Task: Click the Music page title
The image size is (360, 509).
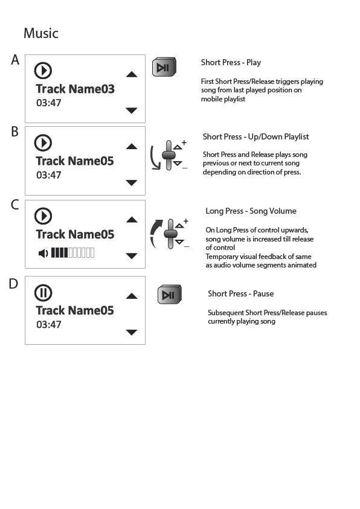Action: tap(40, 33)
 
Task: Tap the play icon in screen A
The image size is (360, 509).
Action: tap(43, 71)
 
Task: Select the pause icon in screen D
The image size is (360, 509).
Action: tap(43, 293)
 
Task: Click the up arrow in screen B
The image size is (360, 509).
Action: tap(131, 147)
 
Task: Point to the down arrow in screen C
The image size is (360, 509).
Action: tap(131, 256)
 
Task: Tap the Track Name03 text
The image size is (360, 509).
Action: tap(75, 89)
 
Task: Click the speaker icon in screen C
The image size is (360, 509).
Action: tap(43, 253)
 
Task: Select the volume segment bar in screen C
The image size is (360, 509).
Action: tap(72, 253)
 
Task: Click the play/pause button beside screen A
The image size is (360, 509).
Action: tap(164, 68)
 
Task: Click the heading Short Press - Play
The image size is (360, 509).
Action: tap(231, 63)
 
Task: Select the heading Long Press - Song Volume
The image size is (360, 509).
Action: tap(251, 211)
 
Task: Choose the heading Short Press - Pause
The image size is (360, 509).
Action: tap(240, 294)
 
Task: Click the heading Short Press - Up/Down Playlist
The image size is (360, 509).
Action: tap(256, 137)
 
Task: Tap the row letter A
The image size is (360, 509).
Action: tap(15, 60)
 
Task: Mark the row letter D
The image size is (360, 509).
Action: tap(13, 283)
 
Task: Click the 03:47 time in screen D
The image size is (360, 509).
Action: tap(48, 325)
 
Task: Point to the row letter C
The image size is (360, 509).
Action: tap(15, 205)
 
